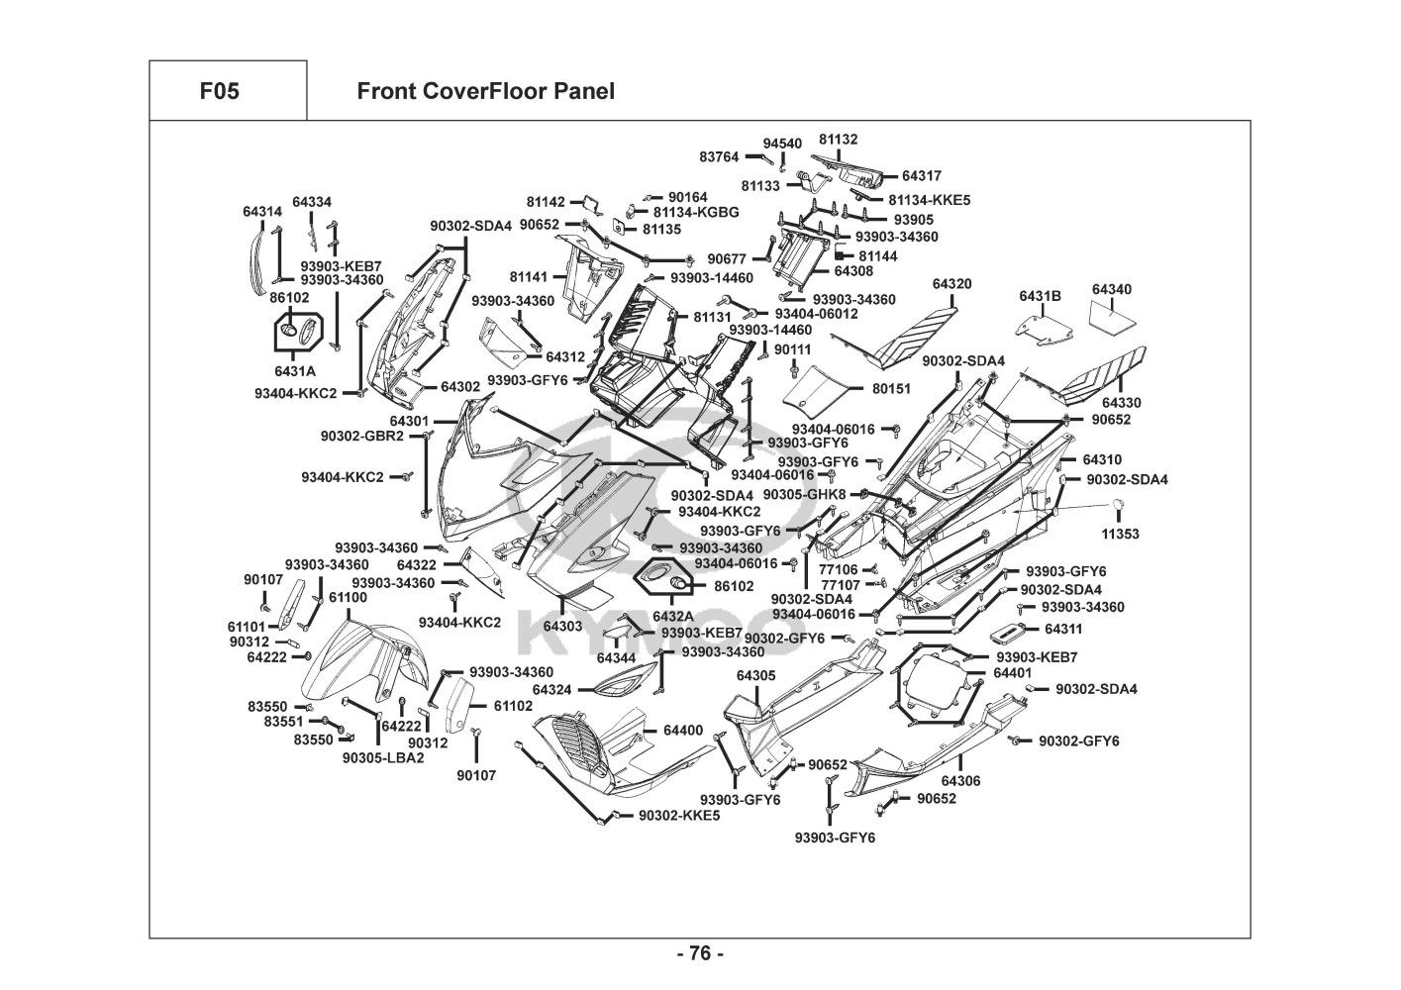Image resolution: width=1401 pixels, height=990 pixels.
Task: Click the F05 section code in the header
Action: tap(219, 92)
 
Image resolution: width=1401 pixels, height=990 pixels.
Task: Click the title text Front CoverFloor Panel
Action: tap(485, 92)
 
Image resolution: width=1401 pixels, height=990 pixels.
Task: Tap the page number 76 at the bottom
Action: tap(700, 954)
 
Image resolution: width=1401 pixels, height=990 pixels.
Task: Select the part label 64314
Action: tap(262, 212)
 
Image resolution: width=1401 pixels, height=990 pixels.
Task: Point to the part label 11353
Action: tap(1120, 534)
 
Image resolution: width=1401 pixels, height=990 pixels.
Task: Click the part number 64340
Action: tap(1112, 289)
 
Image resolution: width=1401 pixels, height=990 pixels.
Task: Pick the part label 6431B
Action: tap(1040, 296)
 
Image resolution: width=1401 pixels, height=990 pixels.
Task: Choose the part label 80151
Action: tap(891, 389)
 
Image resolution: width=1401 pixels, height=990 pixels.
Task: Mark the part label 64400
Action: tap(683, 731)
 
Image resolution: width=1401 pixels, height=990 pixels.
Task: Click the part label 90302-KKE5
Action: tap(679, 816)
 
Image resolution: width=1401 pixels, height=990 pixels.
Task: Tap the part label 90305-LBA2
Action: tap(383, 758)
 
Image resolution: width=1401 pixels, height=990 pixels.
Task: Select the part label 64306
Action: tap(960, 781)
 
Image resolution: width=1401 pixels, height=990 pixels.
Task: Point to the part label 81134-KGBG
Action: tap(696, 212)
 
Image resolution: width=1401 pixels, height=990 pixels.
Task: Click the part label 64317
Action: tap(922, 176)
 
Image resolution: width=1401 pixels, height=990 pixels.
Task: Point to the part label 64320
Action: tap(951, 284)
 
